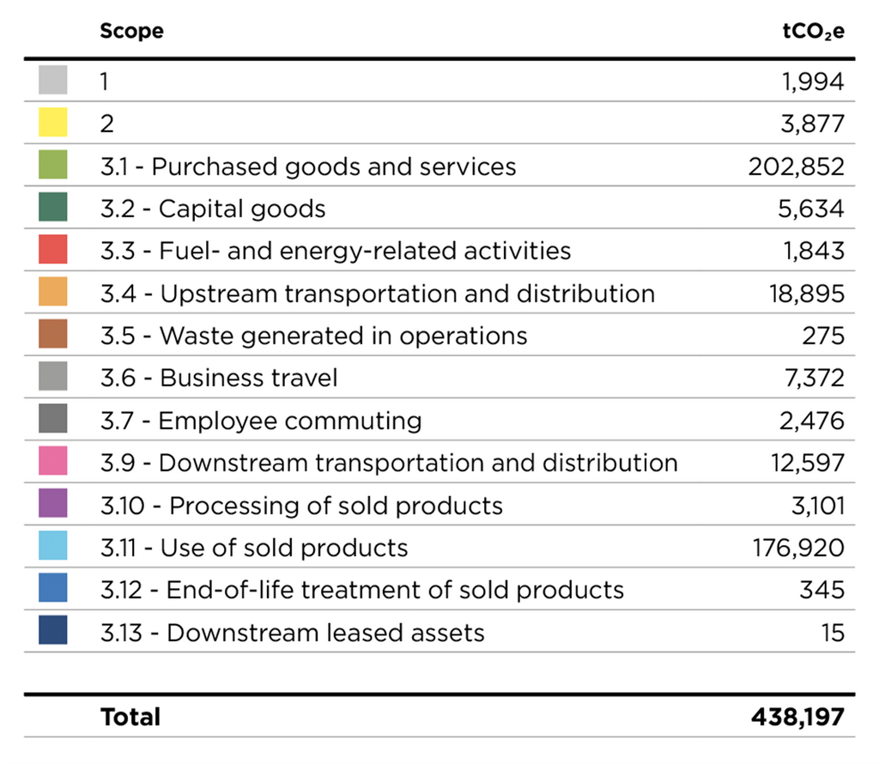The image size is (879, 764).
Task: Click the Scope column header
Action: click(131, 32)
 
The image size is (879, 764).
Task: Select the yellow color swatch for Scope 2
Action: click(53, 123)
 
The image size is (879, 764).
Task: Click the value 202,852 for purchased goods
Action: click(796, 166)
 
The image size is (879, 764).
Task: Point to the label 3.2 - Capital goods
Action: click(213, 209)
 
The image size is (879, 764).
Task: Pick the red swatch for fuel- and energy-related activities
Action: click(53, 251)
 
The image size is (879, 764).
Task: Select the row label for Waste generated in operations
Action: click(313, 336)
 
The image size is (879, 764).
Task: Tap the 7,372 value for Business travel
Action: click(811, 378)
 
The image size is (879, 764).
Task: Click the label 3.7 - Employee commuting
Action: click(261, 421)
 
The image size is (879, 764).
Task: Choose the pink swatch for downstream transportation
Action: click(53, 463)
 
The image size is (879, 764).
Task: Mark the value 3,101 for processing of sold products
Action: click(817, 506)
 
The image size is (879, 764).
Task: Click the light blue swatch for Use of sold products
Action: click(53, 548)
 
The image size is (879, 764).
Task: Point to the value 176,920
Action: click(797, 548)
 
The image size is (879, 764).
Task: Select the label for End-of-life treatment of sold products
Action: click(361, 591)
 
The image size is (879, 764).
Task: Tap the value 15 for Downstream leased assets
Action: click(832, 633)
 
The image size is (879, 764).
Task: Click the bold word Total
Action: click(130, 717)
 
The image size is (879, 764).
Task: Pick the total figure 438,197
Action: click(796, 717)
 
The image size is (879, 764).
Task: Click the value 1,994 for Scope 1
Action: click(812, 82)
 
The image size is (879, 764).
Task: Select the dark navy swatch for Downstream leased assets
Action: click(53, 633)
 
